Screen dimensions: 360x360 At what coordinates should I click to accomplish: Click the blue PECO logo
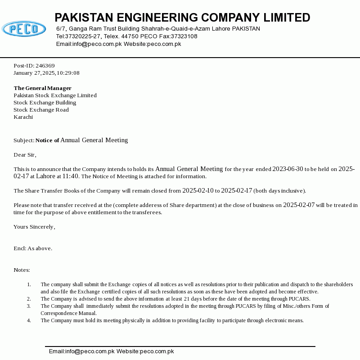tap(24, 29)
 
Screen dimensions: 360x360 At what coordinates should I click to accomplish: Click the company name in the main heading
tap(182, 18)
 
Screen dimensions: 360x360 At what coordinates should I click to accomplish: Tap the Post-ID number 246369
tap(45, 66)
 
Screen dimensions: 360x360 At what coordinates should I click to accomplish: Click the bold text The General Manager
tap(42, 88)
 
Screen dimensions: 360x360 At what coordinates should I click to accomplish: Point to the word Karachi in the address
tap(23, 117)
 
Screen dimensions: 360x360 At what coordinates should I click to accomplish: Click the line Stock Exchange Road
tap(41, 110)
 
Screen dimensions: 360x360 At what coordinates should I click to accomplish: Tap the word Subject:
tap(24, 140)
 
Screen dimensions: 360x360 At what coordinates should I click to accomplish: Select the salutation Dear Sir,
tap(25, 155)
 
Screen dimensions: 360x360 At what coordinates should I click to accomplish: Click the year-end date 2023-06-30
tap(288, 169)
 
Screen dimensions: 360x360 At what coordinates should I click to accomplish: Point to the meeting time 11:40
tap(71, 176)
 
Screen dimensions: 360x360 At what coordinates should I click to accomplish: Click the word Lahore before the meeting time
tap(45, 176)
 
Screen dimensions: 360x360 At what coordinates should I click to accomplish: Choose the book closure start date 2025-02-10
tap(198, 191)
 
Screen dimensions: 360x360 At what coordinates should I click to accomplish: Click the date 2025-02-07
tap(299, 205)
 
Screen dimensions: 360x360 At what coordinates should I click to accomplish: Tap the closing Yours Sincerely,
tap(34, 227)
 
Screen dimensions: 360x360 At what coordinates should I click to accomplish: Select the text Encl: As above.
tap(33, 248)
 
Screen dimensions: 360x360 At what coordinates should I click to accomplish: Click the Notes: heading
tap(22, 270)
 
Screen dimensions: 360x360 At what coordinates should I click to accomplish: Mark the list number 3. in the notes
tap(29, 306)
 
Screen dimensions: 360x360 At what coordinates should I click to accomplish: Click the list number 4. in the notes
tap(29, 320)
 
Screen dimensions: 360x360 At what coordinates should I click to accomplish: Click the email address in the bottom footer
tap(81, 351)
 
